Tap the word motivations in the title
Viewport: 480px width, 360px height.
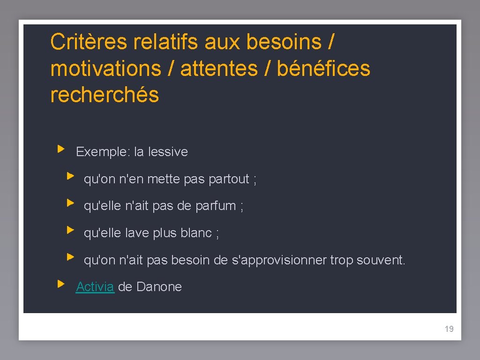105,68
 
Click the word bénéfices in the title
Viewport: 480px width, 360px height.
323,68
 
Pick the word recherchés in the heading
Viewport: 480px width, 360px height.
105,95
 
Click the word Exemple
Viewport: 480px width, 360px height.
103,152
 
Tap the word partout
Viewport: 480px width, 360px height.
229,179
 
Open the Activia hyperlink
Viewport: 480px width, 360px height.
95,287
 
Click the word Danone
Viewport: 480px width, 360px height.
159,287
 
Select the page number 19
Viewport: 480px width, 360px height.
449,329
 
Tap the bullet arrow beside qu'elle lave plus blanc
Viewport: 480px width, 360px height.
70,230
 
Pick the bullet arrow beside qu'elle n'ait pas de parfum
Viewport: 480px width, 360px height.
70,203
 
